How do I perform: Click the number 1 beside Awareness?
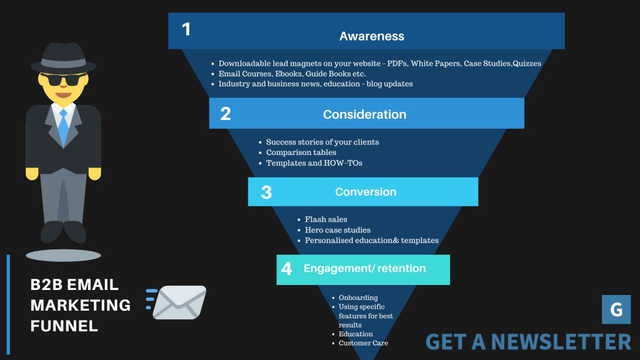pos(186,29)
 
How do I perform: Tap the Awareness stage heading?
pos(372,36)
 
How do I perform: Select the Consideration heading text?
pos(364,114)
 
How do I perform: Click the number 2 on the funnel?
pos(225,114)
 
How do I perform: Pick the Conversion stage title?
pos(366,192)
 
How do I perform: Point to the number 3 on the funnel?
pos(266,192)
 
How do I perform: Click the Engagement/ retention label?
pos(365,268)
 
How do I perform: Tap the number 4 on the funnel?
pos(286,269)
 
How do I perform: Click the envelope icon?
pos(176,302)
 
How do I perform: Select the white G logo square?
pos(616,309)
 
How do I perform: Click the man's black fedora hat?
pos(63,58)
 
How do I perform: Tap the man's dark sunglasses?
pos(63,79)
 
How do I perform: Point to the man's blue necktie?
pos(63,127)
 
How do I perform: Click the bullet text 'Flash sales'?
pos(326,219)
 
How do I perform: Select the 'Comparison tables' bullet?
pos(301,152)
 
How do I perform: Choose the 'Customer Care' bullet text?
pos(363,343)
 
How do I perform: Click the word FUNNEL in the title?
pos(64,326)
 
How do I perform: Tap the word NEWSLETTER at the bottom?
pos(561,342)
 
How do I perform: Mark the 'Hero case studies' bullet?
pos(337,230)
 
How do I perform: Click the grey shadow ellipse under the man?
pos(63,256)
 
